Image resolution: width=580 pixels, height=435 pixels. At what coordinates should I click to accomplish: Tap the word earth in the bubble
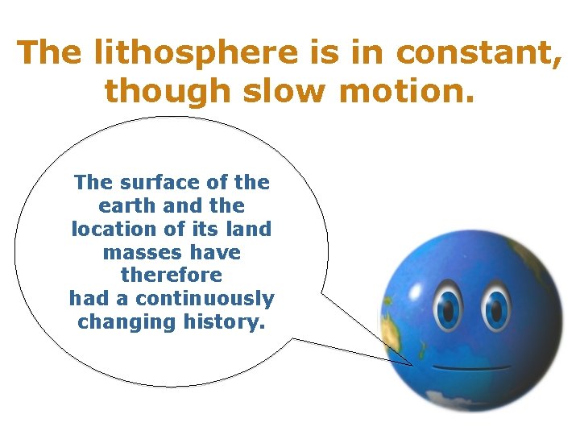click(127, 205)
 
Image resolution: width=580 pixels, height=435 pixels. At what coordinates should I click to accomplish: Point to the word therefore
click(171, 275)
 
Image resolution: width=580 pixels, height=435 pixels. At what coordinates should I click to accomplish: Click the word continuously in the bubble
click(205, 299)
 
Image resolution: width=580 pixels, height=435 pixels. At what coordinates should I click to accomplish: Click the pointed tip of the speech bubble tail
click(412, 365)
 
